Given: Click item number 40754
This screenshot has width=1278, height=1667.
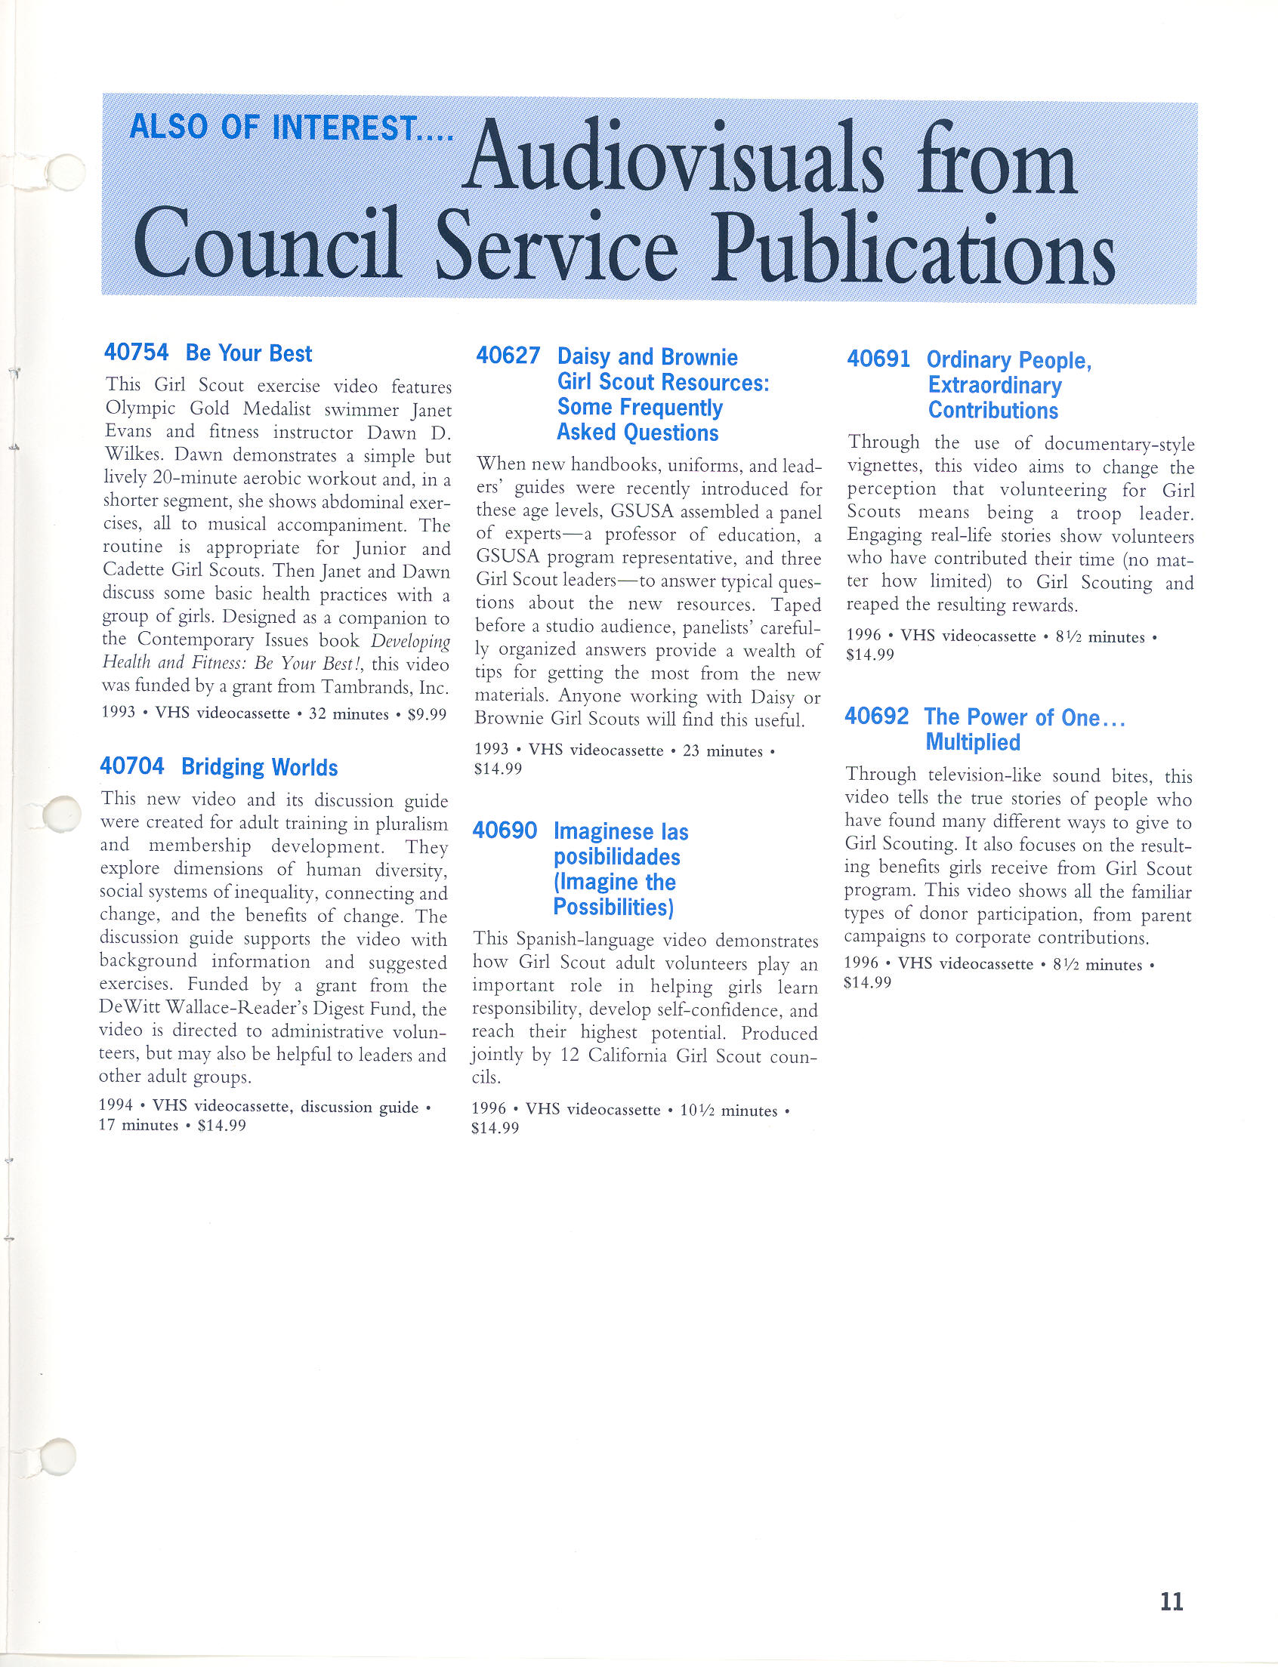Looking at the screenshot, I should tap(136, 352).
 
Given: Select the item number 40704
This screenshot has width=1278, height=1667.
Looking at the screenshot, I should tap(131, 766).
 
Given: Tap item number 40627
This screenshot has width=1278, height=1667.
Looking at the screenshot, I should tap(508, 355).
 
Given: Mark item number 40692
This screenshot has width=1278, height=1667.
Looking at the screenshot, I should tap(876, 716).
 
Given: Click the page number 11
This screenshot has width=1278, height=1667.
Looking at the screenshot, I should tap(1171, 1602).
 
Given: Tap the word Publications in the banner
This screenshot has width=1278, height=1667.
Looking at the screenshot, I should tap(913, 248).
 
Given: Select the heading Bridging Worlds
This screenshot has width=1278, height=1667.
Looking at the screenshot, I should tap(259, 766).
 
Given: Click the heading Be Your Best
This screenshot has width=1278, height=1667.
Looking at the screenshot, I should tap(248, 353).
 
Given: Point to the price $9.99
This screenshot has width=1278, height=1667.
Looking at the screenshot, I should tap(427, 714).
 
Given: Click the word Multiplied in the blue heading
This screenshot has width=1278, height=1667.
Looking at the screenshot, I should tap(972, 741).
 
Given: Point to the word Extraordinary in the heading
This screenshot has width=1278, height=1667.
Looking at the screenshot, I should tap(994, 385).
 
